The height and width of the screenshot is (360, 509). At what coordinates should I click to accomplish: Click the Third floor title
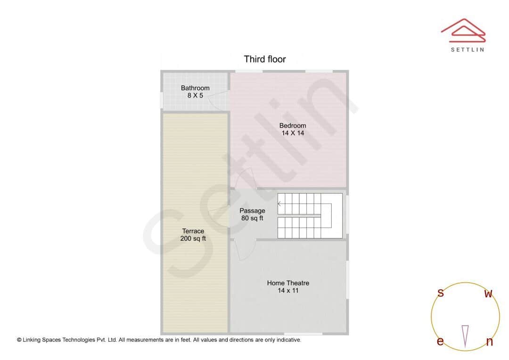click(x=264, y=59)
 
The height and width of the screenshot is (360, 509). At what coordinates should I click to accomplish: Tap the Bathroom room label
click(x=195, y=88)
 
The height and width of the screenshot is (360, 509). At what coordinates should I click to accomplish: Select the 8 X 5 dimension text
click(x=195, y=96)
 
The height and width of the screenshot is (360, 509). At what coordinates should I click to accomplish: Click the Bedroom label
click(x=293, y=126)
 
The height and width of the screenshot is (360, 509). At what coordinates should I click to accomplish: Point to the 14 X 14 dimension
click(x=293, y=133)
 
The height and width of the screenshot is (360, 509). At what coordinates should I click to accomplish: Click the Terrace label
click(x=193, y=231)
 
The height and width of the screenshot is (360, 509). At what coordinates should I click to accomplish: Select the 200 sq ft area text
click(x=193, y=238)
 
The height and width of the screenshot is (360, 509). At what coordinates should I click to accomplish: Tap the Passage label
click(x=252, y=211)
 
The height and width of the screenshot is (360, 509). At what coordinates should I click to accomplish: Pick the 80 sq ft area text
click(x=252, y=218)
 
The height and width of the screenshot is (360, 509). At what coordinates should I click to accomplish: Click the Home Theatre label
click(x=288, y=283)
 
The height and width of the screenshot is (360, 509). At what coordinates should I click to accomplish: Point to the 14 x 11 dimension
click(x=288, y=290)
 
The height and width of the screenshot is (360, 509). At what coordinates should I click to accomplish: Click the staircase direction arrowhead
click(x=279, y=204)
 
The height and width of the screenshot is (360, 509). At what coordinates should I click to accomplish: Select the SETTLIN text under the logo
click(x=467, y=49)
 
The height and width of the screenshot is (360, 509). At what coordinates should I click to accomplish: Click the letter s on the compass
click(x=441, y=293)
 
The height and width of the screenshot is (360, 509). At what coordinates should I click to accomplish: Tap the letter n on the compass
click(x=489, y=342)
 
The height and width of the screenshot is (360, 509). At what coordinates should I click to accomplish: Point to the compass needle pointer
click(x=465, y=335)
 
